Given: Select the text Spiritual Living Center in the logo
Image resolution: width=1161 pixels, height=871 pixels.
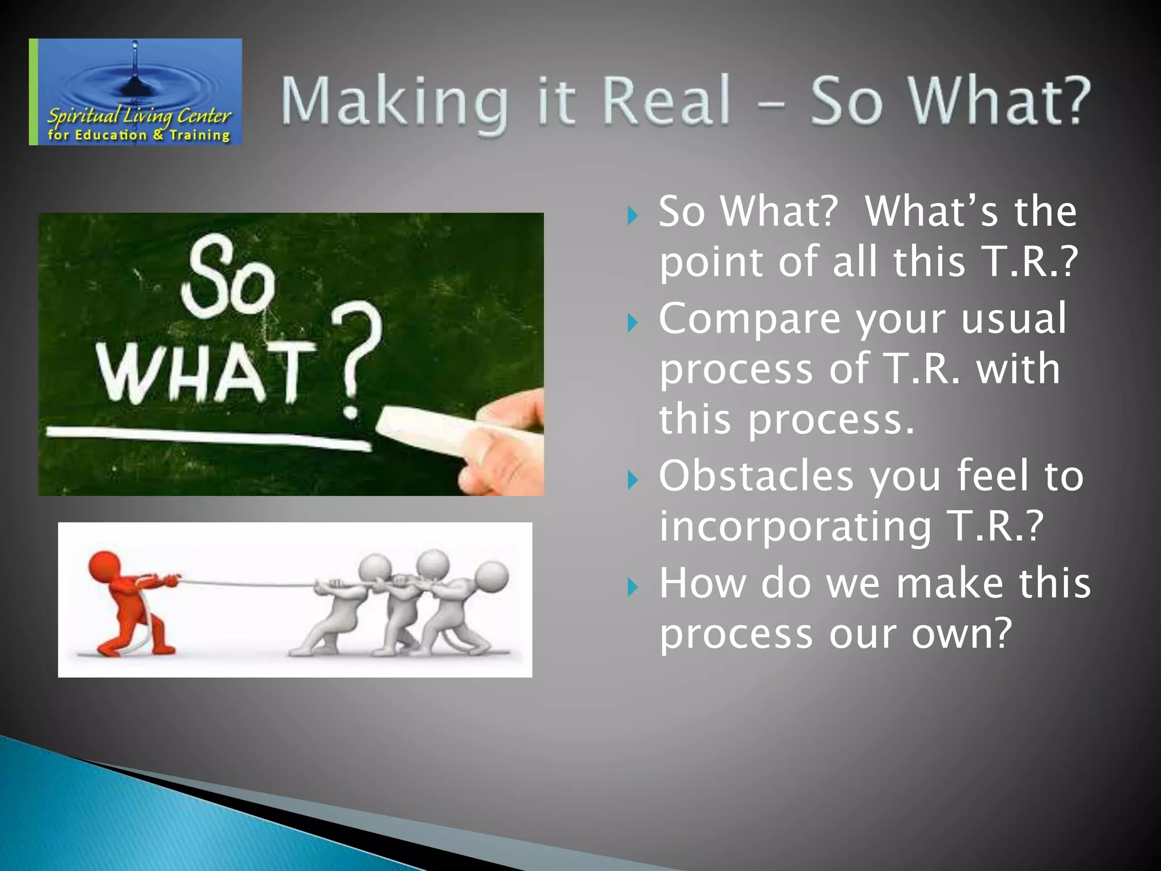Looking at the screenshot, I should (x=139, y=116).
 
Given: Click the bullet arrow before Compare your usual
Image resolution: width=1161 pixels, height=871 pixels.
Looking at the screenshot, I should (x=633, y=323).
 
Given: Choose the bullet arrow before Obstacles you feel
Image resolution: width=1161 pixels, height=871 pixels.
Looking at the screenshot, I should (x=633, y=480).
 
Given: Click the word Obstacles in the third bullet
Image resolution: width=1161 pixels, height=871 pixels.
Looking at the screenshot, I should (x=756, y=476).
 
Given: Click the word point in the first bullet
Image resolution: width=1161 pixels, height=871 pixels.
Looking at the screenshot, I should (x=711, y=263).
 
